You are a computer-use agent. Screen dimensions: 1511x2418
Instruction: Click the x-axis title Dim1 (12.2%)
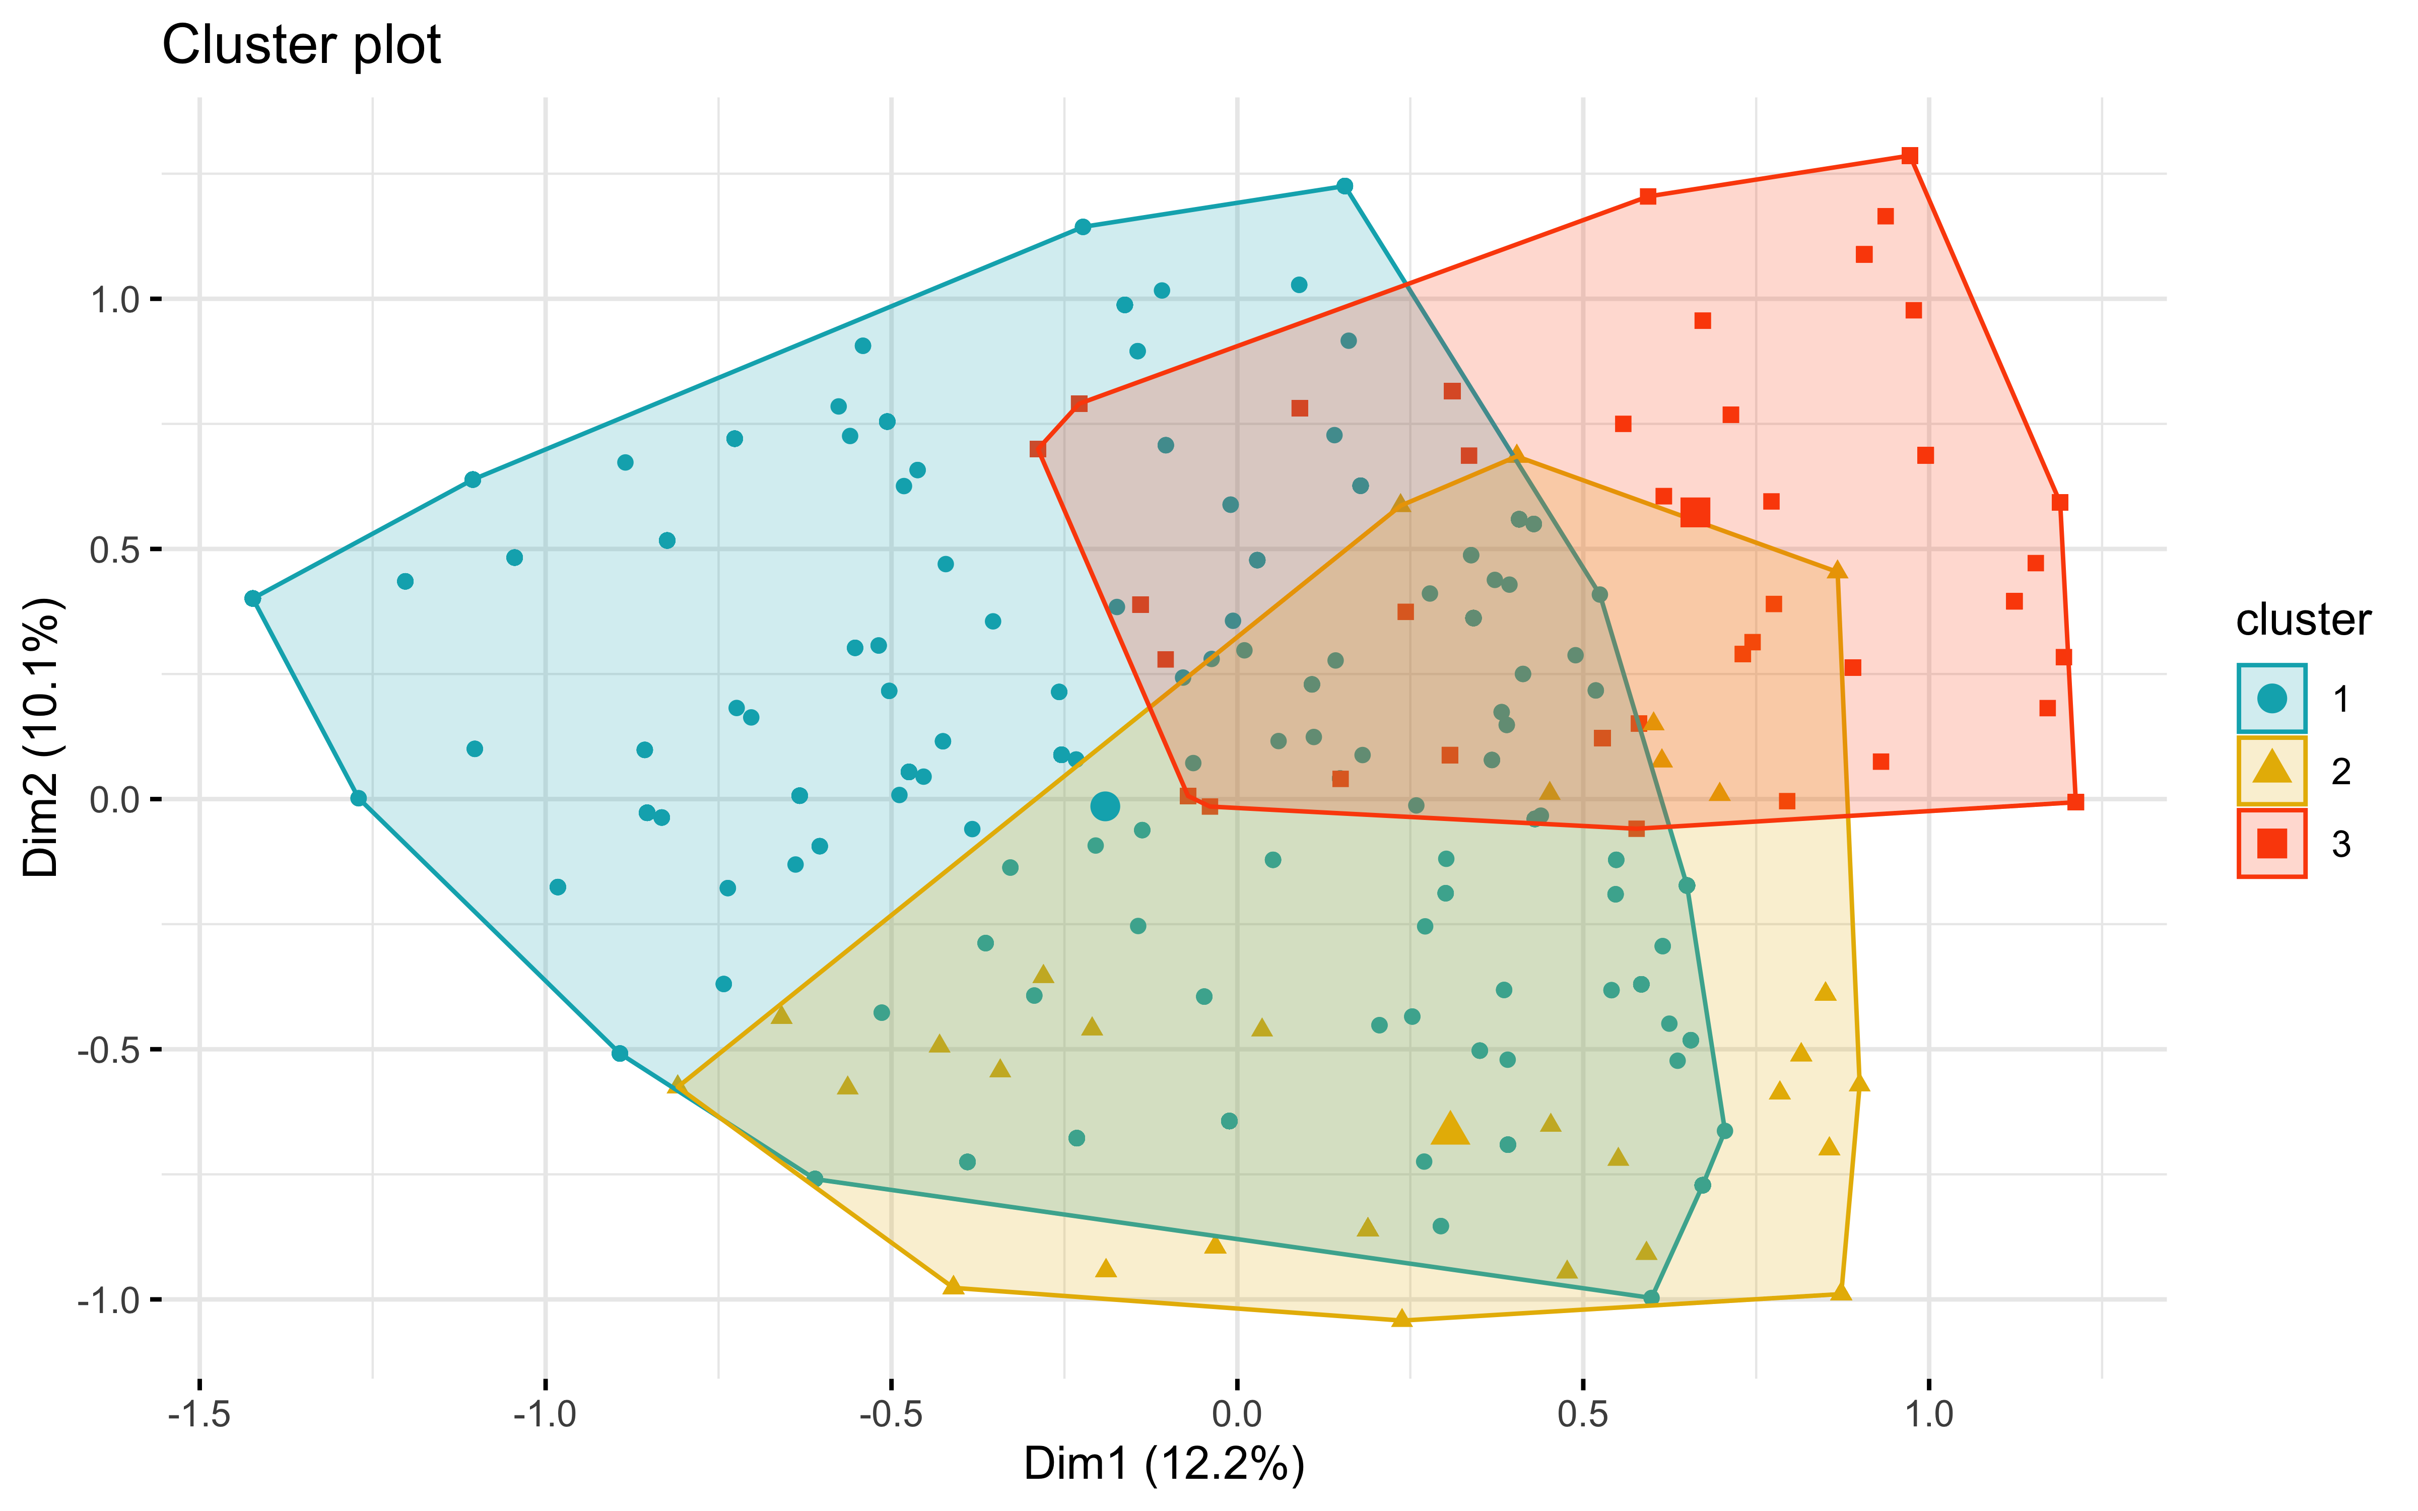(x=1164, y=1464)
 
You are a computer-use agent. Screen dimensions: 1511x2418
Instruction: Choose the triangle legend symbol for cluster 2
(x=2271, y=770)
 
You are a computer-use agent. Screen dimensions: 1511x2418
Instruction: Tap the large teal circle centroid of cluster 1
(x=1104, y=805)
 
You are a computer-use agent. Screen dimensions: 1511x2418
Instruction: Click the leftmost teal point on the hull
(x=253, y=598)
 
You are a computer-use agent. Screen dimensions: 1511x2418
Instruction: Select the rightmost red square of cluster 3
(x=2075, y=801)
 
